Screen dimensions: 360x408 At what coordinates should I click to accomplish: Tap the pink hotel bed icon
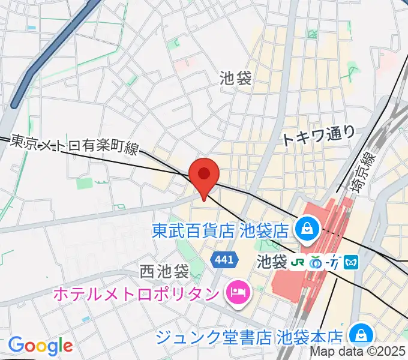235,293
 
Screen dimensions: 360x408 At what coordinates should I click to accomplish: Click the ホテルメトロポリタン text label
136,294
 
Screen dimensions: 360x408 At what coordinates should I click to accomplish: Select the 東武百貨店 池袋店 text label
220,229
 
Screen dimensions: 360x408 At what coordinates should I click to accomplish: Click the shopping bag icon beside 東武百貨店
306,228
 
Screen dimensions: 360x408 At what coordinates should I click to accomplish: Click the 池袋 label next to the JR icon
272,262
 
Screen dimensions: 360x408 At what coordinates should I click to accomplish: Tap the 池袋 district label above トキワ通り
236,77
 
